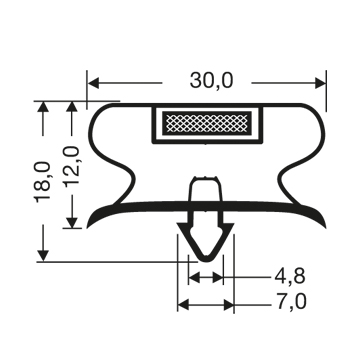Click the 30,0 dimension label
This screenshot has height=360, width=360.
tap(211, 81)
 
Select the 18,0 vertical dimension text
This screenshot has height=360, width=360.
tap(43, 182)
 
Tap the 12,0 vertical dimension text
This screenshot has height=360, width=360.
tap(72, 166)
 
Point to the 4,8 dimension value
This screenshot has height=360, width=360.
tap(290, 277)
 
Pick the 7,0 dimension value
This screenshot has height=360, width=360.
tap(290, 303)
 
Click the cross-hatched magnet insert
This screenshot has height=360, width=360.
tap(207, 122)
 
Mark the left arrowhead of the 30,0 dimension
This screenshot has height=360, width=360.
tap(93, 83)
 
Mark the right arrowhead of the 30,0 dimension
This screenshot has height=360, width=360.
tap(320, 83)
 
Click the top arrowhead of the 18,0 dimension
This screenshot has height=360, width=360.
tap(43, 107)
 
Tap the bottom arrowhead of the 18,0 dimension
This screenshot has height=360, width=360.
tap(43, 256)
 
